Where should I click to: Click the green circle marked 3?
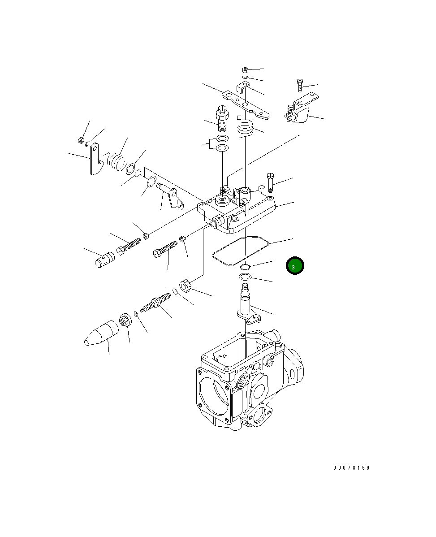pyautogui.click(x=295, y=266)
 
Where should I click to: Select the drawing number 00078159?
pyautogui.click(x=351, y=468)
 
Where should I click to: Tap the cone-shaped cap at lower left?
pyautogui.click(x=101, y=334)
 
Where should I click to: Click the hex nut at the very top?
pyautogui.click(x=245, y=70)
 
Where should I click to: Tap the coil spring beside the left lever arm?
pyautogui.click(x=117, y=159)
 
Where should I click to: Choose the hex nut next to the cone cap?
pyautogui.click(x=125, y=321)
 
